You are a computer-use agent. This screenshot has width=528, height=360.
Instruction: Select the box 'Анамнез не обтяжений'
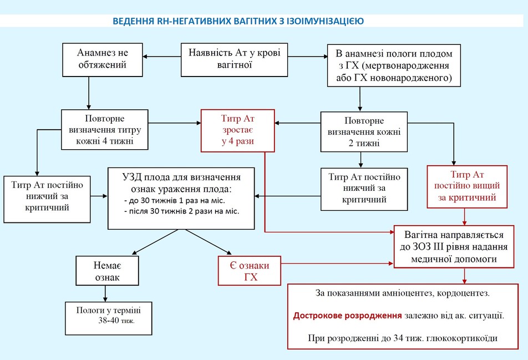click(x=103, y=59)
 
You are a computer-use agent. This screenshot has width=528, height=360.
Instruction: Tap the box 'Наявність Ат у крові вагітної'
click(x=235, y=59)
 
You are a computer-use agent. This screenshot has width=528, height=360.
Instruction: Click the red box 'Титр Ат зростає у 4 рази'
click(x=238, y=131)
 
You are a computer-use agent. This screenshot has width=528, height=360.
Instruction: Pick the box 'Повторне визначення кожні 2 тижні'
click(x=364, y=131)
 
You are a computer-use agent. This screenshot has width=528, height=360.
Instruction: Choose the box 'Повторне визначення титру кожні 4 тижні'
click(x=105, y=129)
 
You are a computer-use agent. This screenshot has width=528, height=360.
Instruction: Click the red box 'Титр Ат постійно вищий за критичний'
click(x=467, y=186)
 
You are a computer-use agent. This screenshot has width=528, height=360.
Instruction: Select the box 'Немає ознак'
click(x=107, y=271)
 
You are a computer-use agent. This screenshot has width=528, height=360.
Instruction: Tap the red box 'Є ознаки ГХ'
click(x=250, y=271)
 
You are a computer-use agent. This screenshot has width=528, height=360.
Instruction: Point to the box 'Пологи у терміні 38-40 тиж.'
click(x=109, y=318)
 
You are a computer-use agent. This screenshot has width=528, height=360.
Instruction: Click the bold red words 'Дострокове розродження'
click(x=347, y=316)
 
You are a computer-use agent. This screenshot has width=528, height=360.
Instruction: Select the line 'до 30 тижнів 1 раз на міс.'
click(x=174, y=201)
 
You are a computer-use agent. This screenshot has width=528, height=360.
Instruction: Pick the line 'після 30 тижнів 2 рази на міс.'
click(x=182, y=211)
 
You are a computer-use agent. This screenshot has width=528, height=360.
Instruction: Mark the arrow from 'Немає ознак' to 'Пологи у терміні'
click(x=105, y=293)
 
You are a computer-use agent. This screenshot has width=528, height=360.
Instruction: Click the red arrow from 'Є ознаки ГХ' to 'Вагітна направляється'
click(x=337, y=263)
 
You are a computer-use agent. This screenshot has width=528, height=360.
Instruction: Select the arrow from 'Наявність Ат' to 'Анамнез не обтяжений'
click(x=161, y=57)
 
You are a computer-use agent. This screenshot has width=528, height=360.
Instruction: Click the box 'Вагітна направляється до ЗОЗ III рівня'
click(x=454, y=247)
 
